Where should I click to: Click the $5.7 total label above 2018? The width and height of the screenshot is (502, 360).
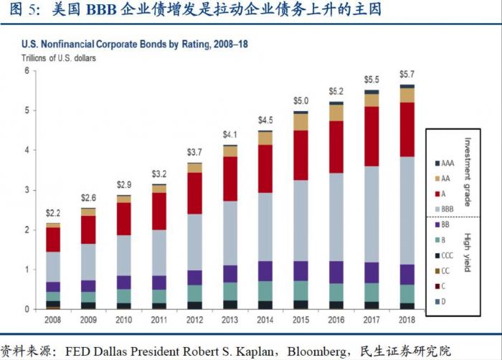tap(407, 73)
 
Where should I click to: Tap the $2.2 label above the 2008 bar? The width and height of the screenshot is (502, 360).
tap(53, 213)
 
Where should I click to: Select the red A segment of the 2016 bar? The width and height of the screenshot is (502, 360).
tap(336, 147)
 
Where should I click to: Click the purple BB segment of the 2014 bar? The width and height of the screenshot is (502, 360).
tap(265, 270)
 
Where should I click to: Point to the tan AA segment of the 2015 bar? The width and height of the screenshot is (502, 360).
tap(300, 122)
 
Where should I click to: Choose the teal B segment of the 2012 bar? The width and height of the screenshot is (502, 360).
tap(194, 293)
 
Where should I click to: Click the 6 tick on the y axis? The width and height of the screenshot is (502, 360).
tap(27, 71)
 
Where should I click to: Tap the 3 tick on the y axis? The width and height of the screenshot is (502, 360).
tap(27, 190)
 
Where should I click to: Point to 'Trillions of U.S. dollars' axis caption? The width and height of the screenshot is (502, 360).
tap(57, 57)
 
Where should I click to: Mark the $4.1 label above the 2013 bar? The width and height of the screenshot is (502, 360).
tap(229, 134)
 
